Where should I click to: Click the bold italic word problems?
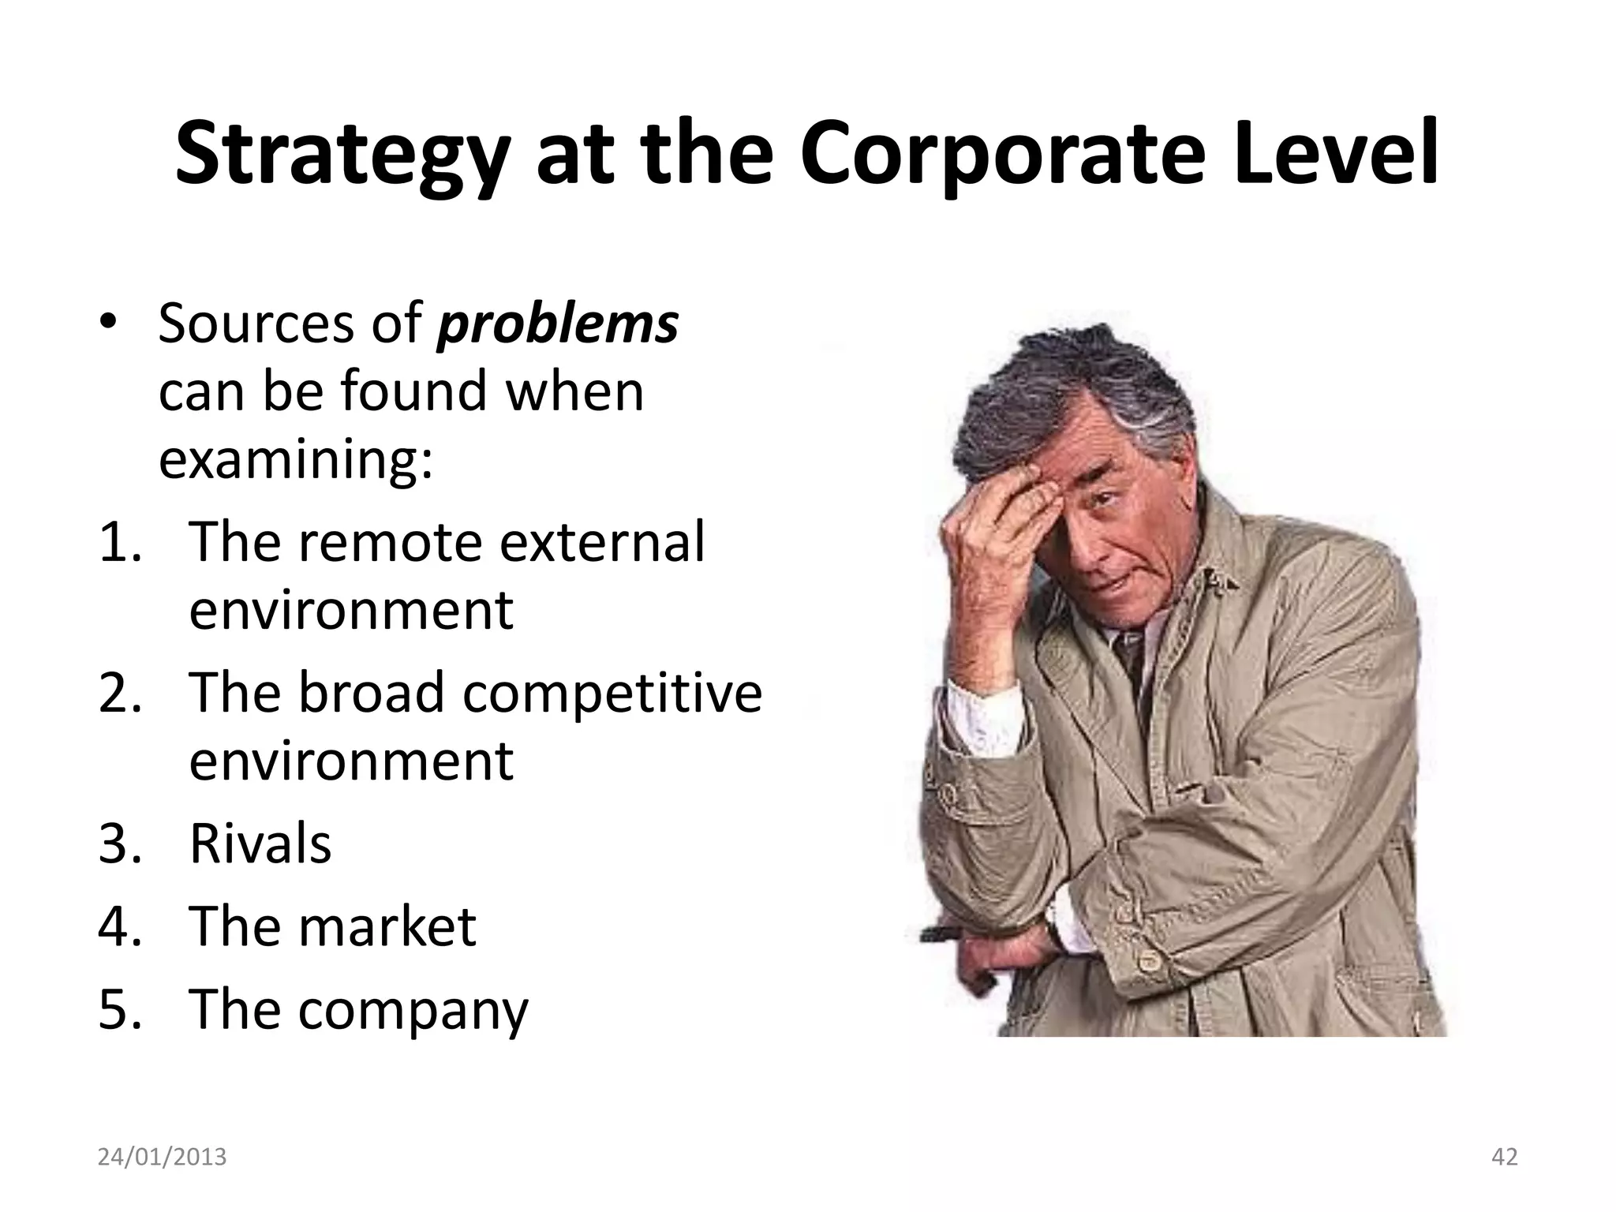click(x=557, y=324)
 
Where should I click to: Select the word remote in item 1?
click(x=390, y=542)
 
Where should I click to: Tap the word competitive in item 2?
click(x=612, y=692)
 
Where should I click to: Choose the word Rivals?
click(x=260, y=844)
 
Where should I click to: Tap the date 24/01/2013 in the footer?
click(x=162, y=1157)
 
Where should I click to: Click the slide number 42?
click(x=1505, y=1157)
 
